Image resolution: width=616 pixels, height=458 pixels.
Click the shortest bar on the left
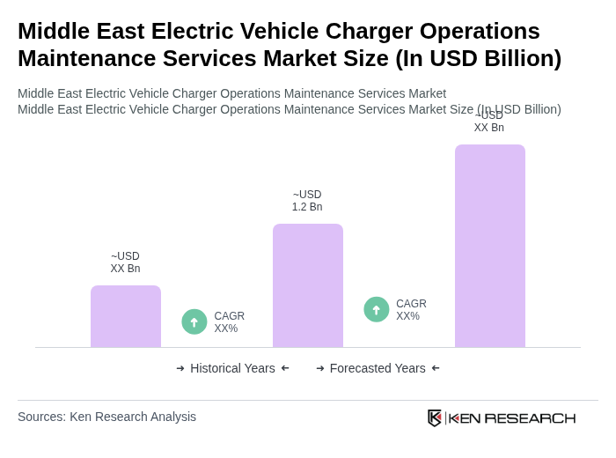click(126, 316)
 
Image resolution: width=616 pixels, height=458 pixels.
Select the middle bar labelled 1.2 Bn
click(307, 285)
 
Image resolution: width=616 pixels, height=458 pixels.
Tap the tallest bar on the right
click(489, 246)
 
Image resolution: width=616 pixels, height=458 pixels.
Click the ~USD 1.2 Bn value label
click(307, 201)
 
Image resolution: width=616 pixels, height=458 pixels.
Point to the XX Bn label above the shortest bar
click(125, 262)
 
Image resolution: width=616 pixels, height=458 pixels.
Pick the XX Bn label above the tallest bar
click(488, 122)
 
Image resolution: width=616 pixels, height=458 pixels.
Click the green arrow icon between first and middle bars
click(194, 321)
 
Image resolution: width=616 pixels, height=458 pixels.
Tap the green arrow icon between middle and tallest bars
click(377, 309)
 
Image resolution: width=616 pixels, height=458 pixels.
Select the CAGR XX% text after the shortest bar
click(229, 322)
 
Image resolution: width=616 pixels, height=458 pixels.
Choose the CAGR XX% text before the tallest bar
click(411, 310)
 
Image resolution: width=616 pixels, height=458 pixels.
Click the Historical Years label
click(232, 368)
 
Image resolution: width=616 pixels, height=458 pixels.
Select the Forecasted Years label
click(378, 368)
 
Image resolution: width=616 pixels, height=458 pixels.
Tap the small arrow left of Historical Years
click(180, 368)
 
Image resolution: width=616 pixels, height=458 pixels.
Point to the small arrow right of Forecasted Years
click(436, 368)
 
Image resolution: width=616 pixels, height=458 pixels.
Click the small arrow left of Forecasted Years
click(320, 368)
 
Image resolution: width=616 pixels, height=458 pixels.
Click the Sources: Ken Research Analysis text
click(106, 417)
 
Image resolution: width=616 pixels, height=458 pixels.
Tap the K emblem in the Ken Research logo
click(435, 417)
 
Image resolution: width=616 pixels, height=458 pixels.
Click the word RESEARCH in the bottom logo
click(530, 417)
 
